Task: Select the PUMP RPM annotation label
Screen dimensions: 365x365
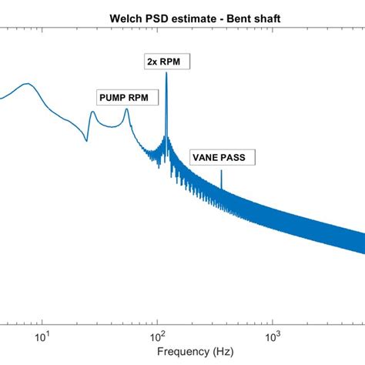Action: [x=122, y=97]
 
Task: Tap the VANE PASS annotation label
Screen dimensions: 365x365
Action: [x=222, y=158]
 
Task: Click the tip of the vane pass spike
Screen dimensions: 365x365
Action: [x=222, y=170]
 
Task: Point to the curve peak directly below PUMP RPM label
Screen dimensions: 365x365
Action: [x=126, y=109]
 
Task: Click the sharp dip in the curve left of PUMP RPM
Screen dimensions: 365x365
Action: [x=86, y=141]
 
